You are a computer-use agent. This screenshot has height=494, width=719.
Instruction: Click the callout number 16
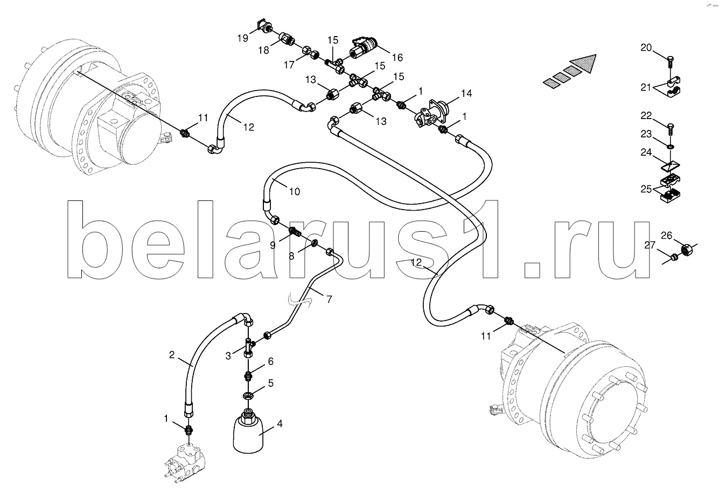pyautogui.click(x=397, y=58)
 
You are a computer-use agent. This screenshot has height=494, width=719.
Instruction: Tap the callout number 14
pyautogui.click(x=466, y=93)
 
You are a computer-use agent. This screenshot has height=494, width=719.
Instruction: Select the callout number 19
pyautogui.click(x=243, y=38)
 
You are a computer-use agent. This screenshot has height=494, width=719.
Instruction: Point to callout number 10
pyautogui.click(x=295, y=192)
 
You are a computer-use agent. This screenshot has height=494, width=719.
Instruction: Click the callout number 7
pyautogui.click(x=329, y=300)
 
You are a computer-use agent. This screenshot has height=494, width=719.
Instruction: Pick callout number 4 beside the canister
pyautogui.click(x=280, y=424)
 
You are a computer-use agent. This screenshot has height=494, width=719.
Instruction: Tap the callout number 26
pyautogui.click(x=667, y=235)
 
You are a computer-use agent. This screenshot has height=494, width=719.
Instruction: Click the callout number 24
pyautogui.click(x=646, y=152)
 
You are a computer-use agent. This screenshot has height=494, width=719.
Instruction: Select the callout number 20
pyautogui.click(x=646, y=47)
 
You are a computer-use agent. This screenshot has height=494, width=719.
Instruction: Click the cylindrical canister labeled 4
pyautogui.click(x=248, y=433)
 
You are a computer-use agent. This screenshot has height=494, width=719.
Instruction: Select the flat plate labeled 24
pyautogui.click(x=670, y=167)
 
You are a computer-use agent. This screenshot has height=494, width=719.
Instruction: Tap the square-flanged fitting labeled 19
pyautogui.click(x=265, y=26)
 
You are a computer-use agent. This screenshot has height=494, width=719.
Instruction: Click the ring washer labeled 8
pyautogui.click(x=315, y=243)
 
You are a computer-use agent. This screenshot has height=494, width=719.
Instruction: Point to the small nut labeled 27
pyautogui.click(x=674, y=257)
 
